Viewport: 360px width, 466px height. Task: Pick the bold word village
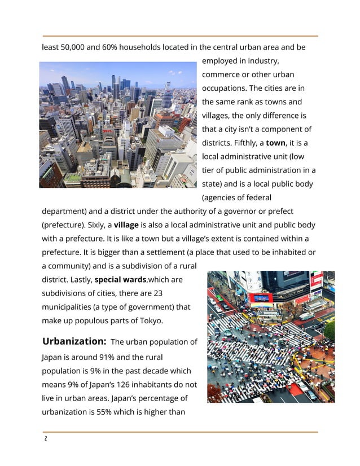(130, 225)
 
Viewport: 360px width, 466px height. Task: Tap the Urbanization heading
(74, 341)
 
